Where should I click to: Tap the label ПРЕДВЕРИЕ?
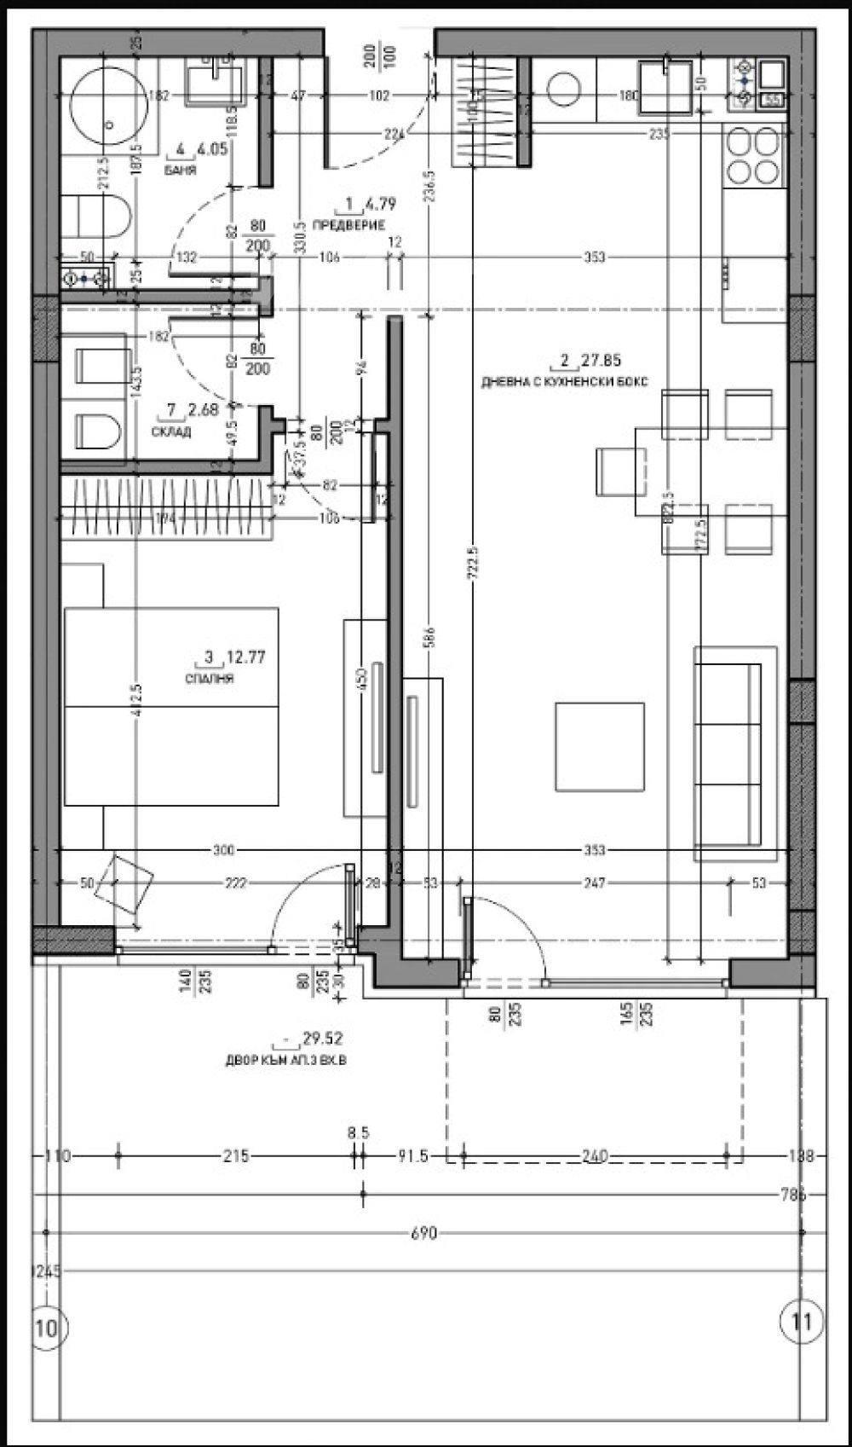click(x=348, y=225)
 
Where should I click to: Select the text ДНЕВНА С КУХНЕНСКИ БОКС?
click(x=565, y=381)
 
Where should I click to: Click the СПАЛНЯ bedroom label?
click(x=209, y=679)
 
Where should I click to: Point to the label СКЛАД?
click(x=173, y=432)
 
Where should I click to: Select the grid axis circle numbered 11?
click(x=802, y=1322)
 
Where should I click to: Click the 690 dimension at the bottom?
click(x=423, y=1233)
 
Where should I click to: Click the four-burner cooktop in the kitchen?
click(x=752, y=156)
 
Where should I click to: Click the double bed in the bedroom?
click(x=172, y=706)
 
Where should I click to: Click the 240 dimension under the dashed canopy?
click(x=594, y=1157)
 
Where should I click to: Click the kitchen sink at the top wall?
click(x=667, y=85)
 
